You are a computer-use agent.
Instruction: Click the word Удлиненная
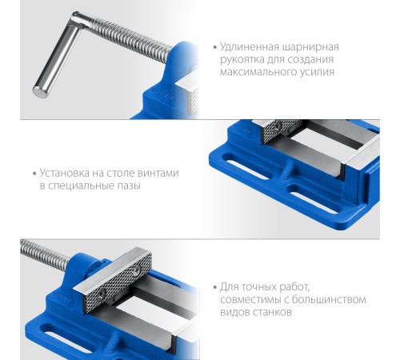click(250, 47)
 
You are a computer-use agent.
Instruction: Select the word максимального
click(256, 72)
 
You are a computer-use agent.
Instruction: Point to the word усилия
click(315, 73)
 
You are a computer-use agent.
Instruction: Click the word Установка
click(65, 174)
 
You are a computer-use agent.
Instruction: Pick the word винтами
click(158, 174)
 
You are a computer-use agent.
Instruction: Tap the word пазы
click(129, 186)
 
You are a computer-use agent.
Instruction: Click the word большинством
click(329, 299)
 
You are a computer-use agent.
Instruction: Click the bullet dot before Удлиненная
click(215, 48)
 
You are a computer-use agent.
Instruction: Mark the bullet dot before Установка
click(34, 174)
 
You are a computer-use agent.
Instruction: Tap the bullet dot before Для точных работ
click(215, 288)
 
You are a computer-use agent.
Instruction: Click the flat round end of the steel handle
click(41, 91)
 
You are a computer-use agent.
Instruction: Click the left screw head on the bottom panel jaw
click(102, 294)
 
